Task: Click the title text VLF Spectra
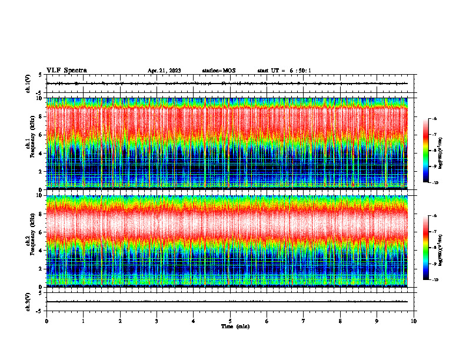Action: pos(66,71)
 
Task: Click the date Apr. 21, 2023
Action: pos(164,71)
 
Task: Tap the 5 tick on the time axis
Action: pos(231,321)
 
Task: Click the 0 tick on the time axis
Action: pos(46,321)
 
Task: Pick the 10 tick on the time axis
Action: pos(414,321)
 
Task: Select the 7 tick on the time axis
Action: pos(304,321)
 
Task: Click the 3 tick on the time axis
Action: pos(157,321)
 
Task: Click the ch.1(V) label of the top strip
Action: pos(28,84)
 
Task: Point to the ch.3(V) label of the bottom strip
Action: pos(28,301)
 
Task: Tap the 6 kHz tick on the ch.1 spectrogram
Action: pos(40,135)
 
